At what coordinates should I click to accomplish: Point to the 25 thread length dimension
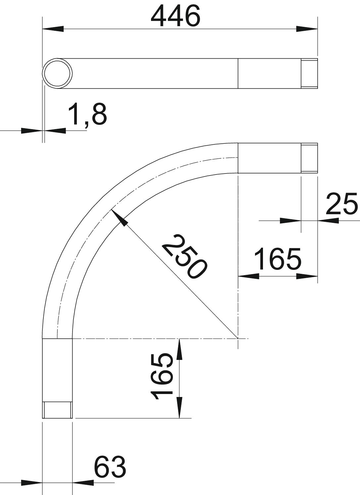pyautogui.click(x=341, y=204)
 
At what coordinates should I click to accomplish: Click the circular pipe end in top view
pyautogui.click(x=57, y=74)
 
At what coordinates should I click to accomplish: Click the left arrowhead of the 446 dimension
pyautogui.click(x=53, y=29)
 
